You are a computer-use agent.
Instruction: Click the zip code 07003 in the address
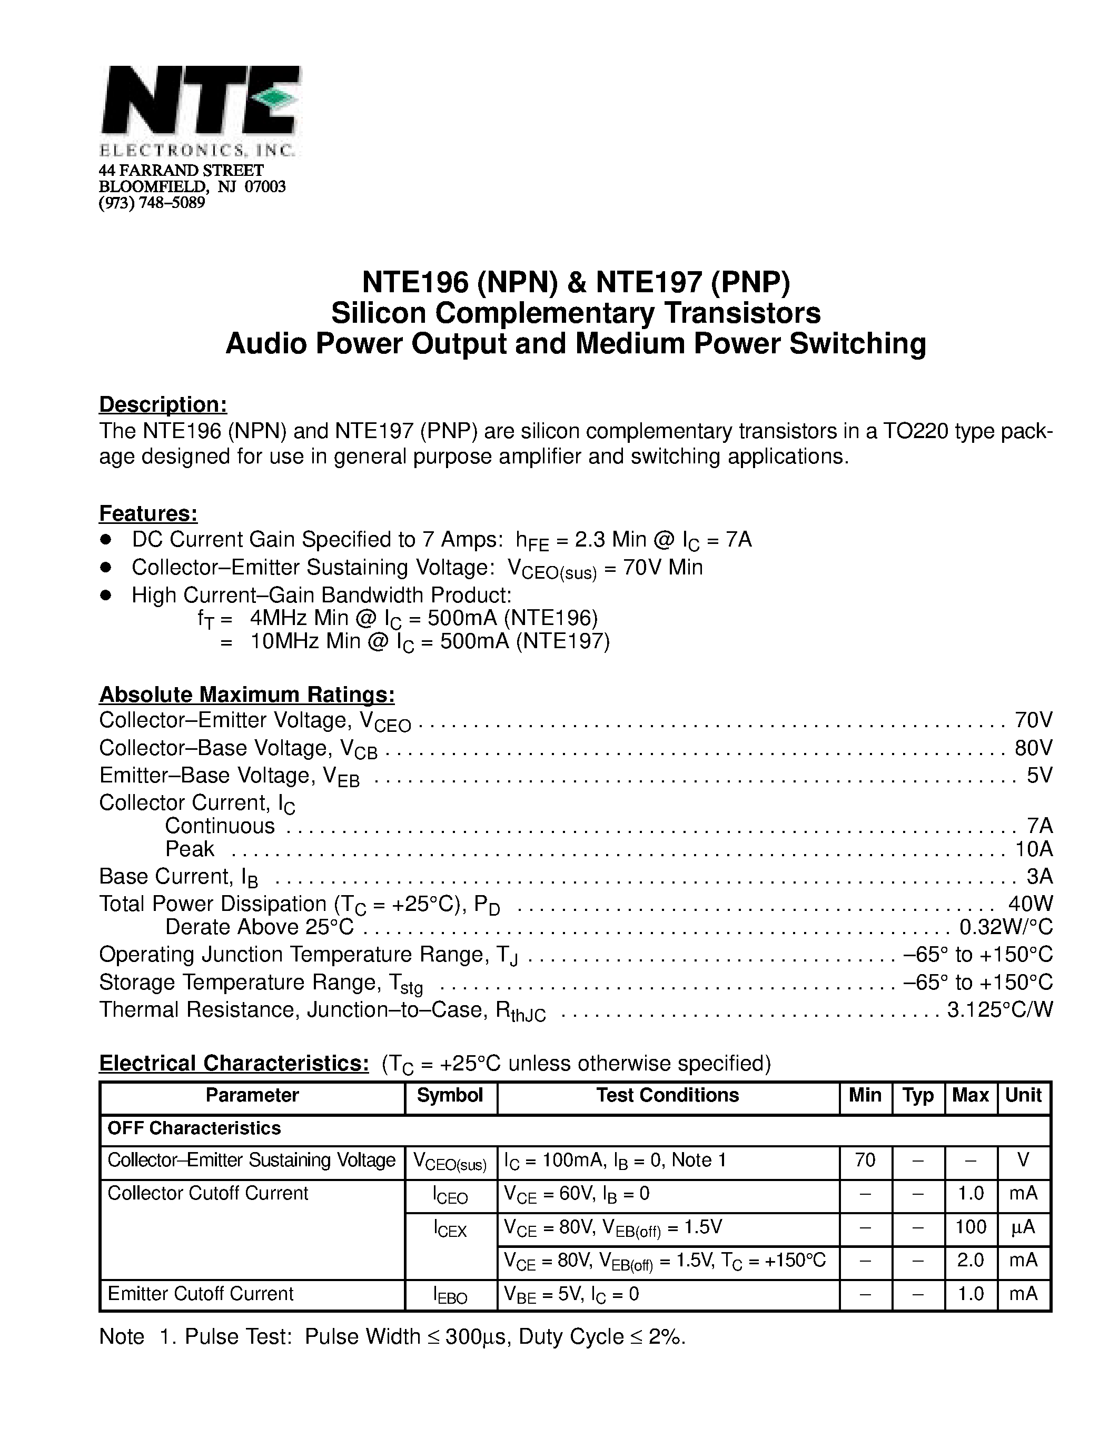265,187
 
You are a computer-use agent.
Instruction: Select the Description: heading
163,404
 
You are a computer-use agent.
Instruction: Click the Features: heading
148,514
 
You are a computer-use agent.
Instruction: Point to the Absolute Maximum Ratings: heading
246,695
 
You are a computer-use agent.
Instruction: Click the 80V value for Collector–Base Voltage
1033,748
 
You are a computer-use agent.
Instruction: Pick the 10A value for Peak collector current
1034,849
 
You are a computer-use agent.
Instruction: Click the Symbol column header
450,1095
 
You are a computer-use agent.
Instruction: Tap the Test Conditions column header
668,1095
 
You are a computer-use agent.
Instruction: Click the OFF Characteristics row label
194,1128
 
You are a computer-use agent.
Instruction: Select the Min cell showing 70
865,1161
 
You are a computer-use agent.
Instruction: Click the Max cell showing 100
971,1227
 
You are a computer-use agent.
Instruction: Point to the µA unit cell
1023,1227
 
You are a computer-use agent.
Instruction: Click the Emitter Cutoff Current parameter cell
200,1294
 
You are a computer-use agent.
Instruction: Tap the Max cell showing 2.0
971,1261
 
